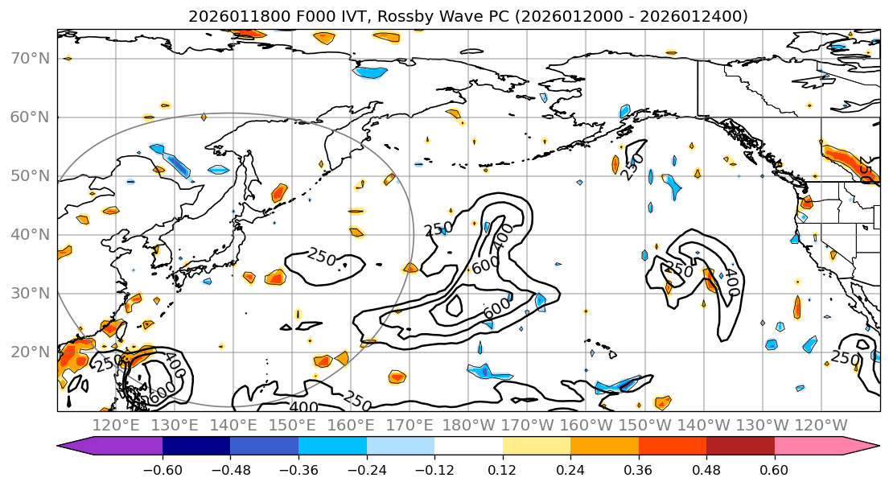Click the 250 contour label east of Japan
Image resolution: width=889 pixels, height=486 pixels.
click(x=321, y=257)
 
